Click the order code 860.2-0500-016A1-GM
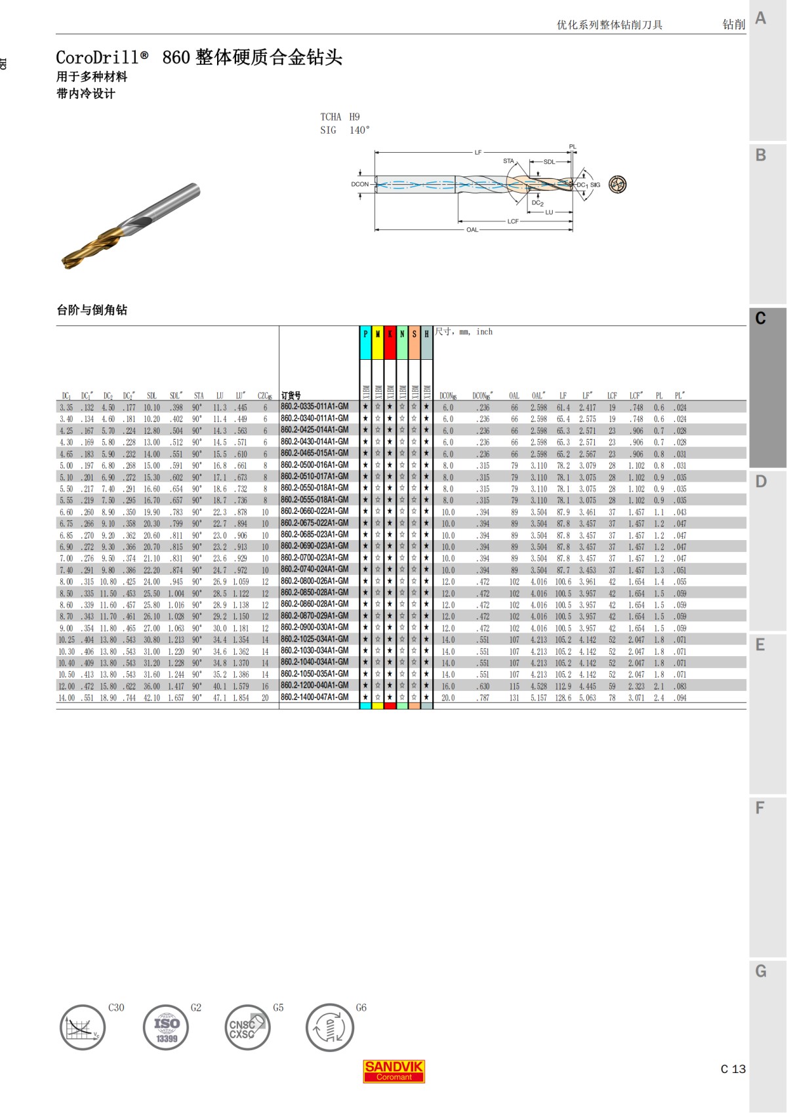click(314, 465)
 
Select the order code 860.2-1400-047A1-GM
click(314, 697)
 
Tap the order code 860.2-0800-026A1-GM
click(314, 581)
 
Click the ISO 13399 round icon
click(166, 1027)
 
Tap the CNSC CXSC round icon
click(247, 1027)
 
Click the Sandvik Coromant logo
click(393, 1071)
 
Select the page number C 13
click(733, 1069)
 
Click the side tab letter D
click(761, 482)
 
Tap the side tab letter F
click(760, 808)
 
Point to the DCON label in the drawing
click(359, 184)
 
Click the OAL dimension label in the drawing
click(472, 230)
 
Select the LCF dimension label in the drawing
click(513, 222)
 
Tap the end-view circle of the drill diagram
click(617, 185)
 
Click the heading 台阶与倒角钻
click(92, 310)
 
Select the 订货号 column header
click(291, 395)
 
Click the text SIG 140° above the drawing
click(345, 130)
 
